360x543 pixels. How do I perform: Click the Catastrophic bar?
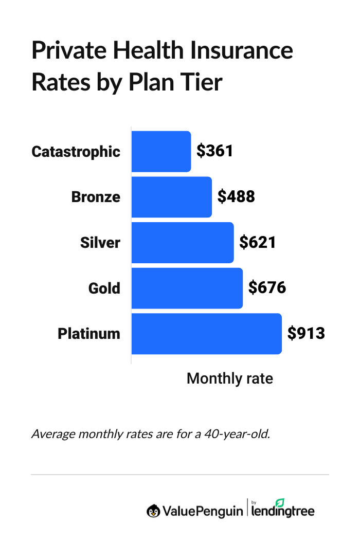pos(161,151)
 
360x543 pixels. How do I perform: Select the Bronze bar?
pos(171,197)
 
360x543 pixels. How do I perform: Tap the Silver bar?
pos(183,242)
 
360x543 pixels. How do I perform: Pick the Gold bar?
pos(187,288)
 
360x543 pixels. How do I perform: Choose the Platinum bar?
pos(206,333)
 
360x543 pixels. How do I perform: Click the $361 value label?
pos(215,151)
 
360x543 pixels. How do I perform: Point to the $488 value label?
pos(236,197)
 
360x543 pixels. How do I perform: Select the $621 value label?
pos(258,242)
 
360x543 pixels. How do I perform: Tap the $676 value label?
pos(267,288)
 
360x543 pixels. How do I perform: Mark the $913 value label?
pos(306,333)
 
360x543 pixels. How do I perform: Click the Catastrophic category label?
pos(76,152)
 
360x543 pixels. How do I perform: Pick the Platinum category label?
pos(88,334)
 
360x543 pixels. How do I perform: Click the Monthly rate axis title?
pos(229,379)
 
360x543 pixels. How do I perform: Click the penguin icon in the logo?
pos(153,511)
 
